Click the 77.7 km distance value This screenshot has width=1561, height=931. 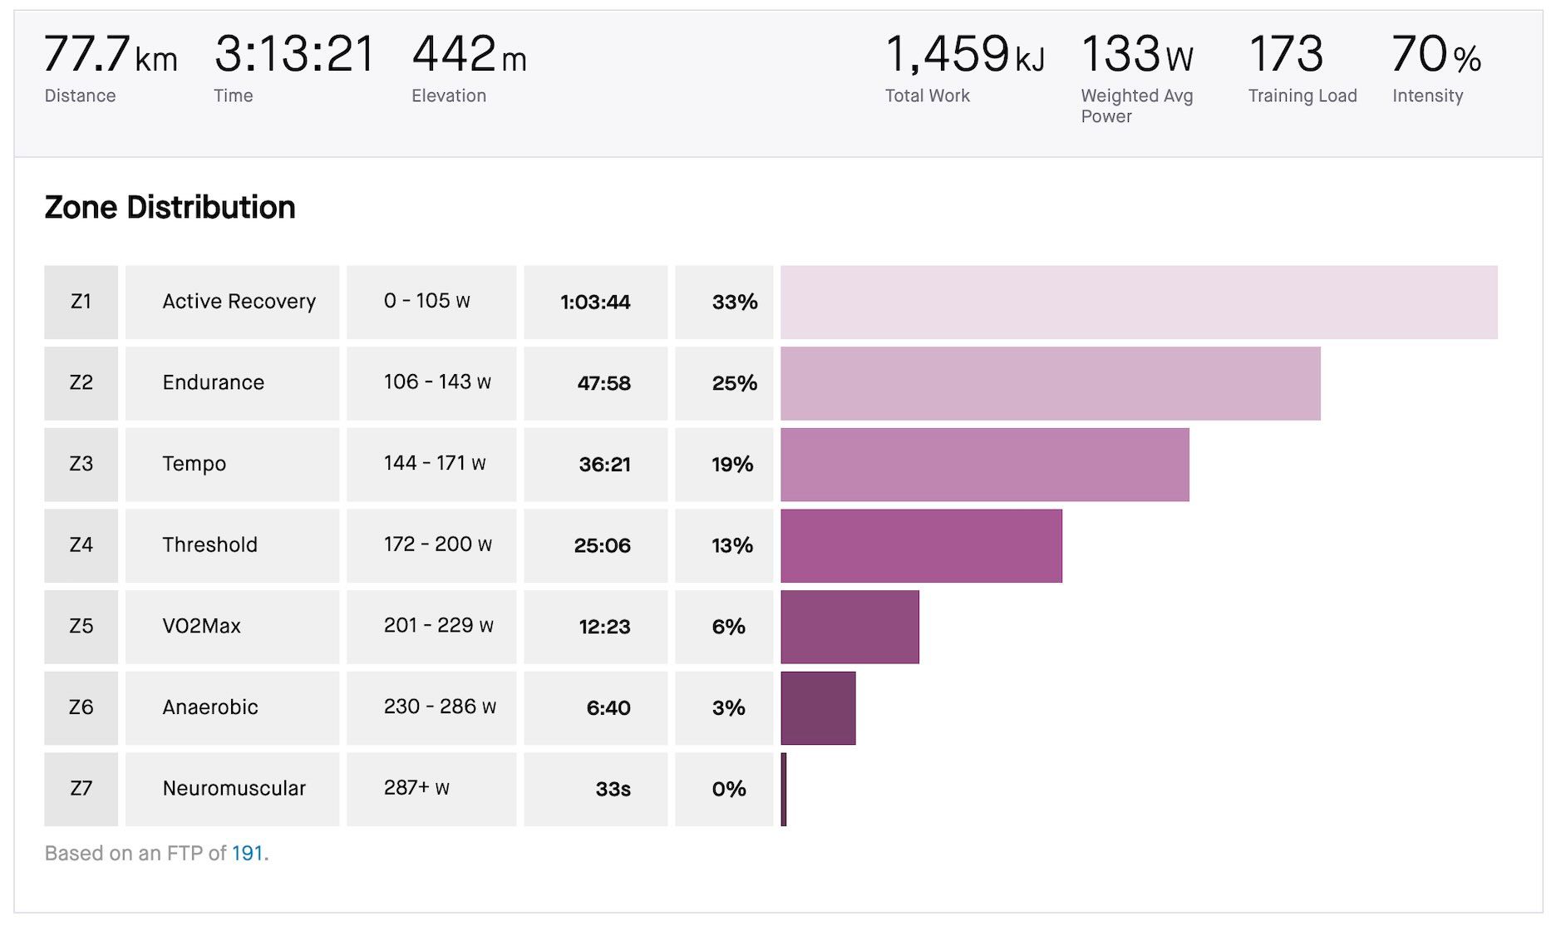(x=110, y=55)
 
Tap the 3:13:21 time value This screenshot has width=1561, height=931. (x=295, y=55)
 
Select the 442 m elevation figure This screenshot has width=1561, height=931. (x=469, y=55)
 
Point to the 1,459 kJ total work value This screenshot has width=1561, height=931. (x=964, y=55)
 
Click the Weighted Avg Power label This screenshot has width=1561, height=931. (x=1136, y=106)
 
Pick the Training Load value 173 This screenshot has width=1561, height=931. (x=1286, y=55)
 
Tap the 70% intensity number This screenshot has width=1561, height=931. (x=1435, y=55)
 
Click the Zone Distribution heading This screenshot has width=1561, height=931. (x=170, y=207)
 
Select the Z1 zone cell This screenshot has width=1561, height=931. (x=81, y=302)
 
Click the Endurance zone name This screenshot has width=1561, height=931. (x=213, y=382)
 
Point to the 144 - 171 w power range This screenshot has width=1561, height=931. (x=434, y=463)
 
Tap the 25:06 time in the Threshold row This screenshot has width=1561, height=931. (x=602, y=545)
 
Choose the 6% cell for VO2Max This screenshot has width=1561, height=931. (x=728, y=626)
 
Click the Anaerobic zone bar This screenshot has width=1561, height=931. (x=818, y=707)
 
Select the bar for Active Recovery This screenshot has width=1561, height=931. (x=1138, y=302)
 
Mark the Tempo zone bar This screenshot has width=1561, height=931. (x=984, y=464)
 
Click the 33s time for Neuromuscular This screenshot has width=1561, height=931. (x=613, y=789)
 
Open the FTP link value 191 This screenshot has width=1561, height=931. (x=247, y=853)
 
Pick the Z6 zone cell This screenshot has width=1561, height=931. (x=81, y=707)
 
